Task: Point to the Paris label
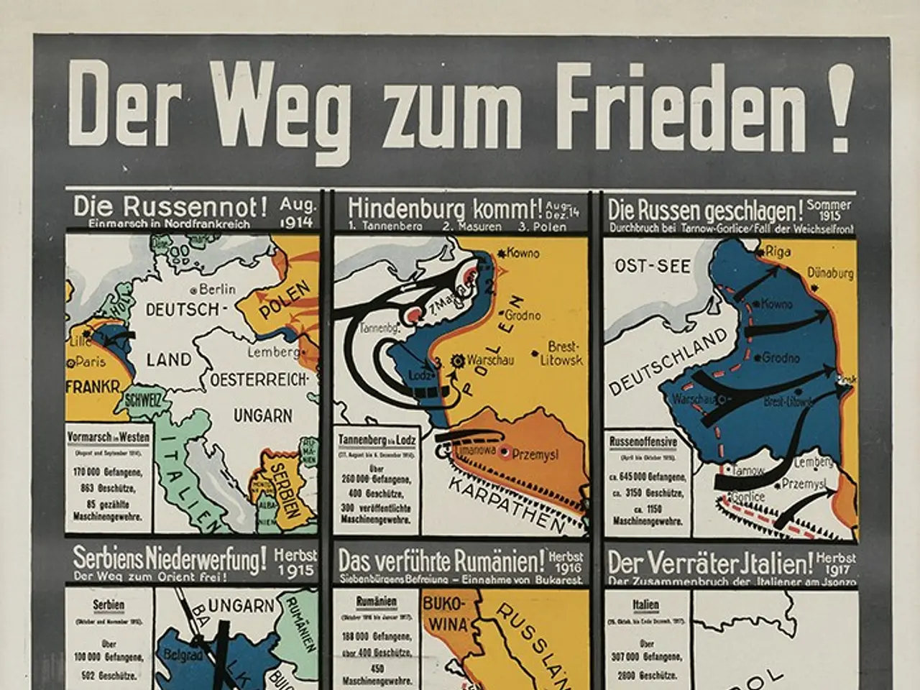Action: pos(91,362)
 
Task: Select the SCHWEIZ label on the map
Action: pos(144,402)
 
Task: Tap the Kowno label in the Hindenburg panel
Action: pos(522,253)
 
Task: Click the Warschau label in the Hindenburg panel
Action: pos(489,360)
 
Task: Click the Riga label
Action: pos(778,252)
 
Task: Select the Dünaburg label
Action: pos(829,273)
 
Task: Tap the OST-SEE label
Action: pos(652,267)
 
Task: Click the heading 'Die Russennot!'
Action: pos(170,207)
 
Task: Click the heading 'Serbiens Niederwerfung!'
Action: pos(170,558)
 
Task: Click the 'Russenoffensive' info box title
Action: pos(643,441)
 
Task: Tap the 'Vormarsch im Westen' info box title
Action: pos(108,437)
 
